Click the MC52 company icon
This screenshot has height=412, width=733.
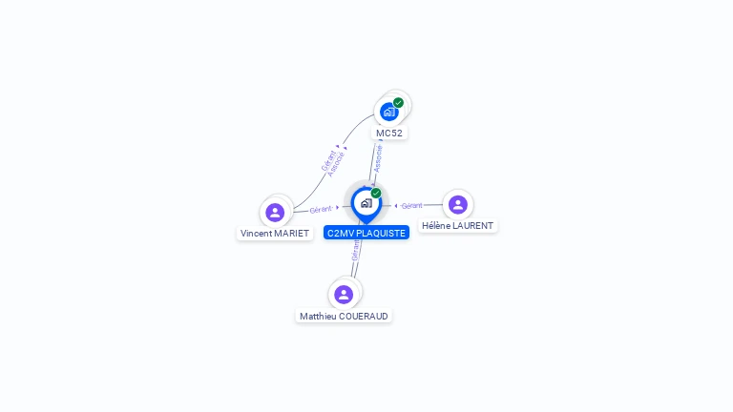pos(388,112)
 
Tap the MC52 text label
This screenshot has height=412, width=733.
pos(389,134)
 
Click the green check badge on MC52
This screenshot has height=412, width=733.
pos(398,103)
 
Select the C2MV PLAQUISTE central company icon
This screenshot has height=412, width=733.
pos(366,202)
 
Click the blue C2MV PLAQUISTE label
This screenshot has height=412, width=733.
pos(366,233)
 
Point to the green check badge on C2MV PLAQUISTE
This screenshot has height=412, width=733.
pos(376,194)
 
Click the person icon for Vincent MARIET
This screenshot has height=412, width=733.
pos(275,212)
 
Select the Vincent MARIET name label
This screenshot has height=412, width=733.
pos(275,234)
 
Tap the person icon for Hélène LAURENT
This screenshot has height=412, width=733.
pos(458,204)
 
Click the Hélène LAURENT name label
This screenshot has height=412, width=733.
pos(458,226)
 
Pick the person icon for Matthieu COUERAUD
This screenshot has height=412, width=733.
pos(344,294)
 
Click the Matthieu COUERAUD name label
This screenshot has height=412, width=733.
pos(344,316)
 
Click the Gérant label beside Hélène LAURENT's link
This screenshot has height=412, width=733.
pos(412,205)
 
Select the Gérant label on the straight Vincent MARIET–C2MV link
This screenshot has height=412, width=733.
pos(321,209)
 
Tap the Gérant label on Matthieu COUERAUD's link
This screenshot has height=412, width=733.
pos(356,250)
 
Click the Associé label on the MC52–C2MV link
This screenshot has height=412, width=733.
pos(379,157)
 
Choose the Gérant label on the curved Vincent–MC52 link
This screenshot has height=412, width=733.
pos(328,159)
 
